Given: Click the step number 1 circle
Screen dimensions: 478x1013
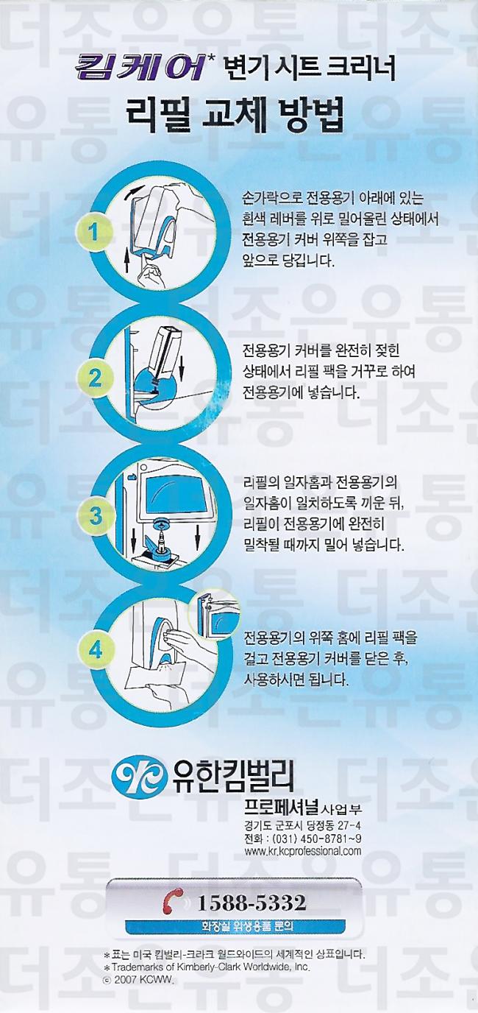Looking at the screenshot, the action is [93, 233].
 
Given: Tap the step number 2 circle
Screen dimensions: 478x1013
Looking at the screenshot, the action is [93, 378].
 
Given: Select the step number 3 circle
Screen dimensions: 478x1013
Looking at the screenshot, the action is [94, 515].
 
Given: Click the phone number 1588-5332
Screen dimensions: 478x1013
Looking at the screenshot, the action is [252, 903].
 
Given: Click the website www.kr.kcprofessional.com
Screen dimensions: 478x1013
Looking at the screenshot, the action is [302, 850].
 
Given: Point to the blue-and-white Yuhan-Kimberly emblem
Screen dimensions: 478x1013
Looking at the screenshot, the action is [139, 776].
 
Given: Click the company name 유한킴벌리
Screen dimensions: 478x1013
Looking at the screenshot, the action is [232, 775].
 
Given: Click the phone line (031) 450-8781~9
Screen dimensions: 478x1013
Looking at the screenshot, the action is [302, 838].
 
